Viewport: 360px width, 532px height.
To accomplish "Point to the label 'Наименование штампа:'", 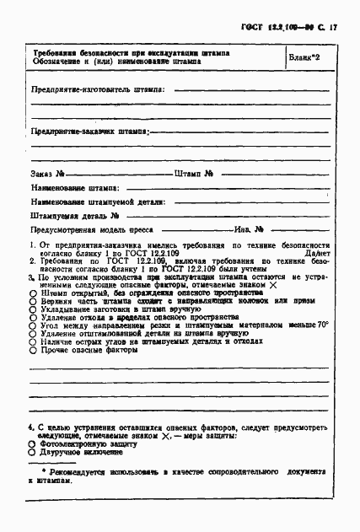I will pyautogui.click(x=75, y=188).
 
